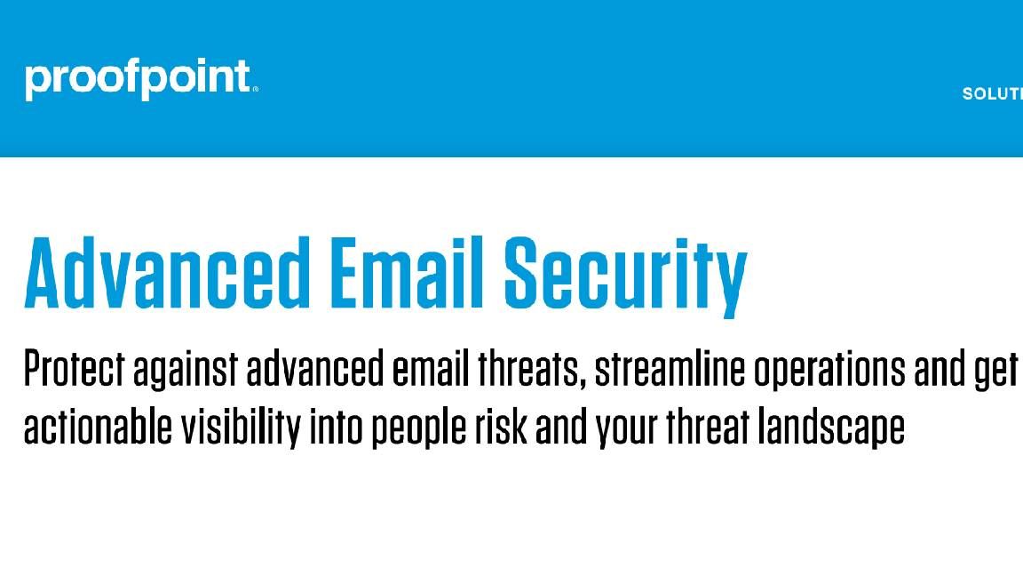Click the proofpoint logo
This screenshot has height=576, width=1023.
[x=141, y=79]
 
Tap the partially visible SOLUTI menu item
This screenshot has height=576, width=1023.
[x=992, y=94]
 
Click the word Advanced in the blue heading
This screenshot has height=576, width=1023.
[x=167, y=272]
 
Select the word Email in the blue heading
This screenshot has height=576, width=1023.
[x=407, y=272]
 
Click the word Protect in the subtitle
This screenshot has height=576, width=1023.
[x=74, y=369]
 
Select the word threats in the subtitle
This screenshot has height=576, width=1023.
[x=528, y=369]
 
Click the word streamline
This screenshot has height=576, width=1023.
[x=670, y=369]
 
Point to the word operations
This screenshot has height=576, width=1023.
[x=829, y=372]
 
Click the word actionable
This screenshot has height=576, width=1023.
[x=98, y=427]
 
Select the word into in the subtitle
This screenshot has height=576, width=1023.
[x=336, y=428]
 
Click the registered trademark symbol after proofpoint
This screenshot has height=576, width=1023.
[x=255, y=90]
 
